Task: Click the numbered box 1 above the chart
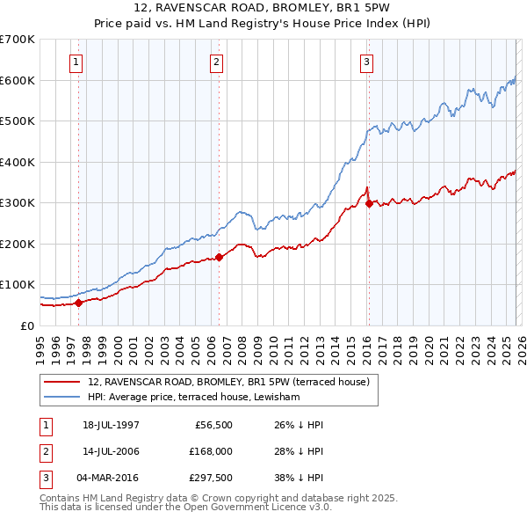77,62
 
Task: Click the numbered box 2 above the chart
217,62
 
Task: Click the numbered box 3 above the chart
366,62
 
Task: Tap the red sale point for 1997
79,303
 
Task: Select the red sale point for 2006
219,257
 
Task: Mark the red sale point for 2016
368,204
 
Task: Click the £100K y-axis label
18,284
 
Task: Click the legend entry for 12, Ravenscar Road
230,382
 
